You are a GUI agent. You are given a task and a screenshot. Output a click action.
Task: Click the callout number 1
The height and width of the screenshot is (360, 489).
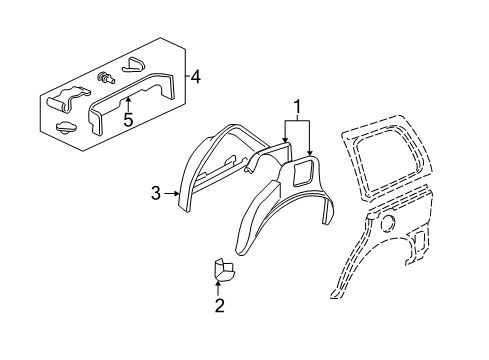295,106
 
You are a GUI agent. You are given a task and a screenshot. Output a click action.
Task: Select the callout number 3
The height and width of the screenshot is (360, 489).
155,193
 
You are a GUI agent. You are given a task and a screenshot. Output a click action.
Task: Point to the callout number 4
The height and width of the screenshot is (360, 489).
197,76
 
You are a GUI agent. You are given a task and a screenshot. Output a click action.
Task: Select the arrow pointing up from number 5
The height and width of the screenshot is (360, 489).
127,106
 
